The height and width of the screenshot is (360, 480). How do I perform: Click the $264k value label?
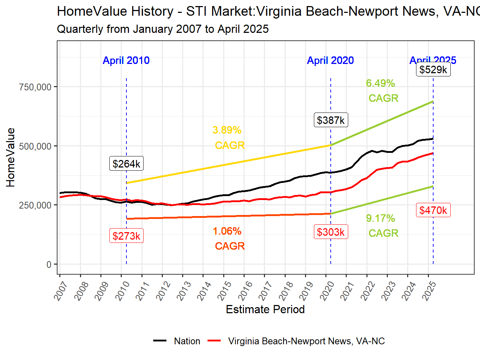(x=126, y=164)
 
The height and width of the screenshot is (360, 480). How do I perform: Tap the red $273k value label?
(x=126, y=236)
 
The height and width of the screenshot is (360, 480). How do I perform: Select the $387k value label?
(x=331, y=120)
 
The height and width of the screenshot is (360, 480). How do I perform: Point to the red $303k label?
(x=331, y=232)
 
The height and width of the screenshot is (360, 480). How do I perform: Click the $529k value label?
(x=433, y=69)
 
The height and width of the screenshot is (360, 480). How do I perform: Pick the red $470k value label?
(x=433, y=210)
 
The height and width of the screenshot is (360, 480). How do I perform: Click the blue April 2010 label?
(x=126, y=60)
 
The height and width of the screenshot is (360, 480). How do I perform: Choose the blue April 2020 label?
(x=330, y=60)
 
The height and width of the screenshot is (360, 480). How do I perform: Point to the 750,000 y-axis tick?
(x=35, y=87)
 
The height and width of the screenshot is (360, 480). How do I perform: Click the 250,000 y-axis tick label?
(x=35, y=205)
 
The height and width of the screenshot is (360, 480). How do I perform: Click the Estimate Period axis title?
(x=265, y=309)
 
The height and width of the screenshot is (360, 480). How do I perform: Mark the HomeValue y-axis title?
(x=11, y=157)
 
